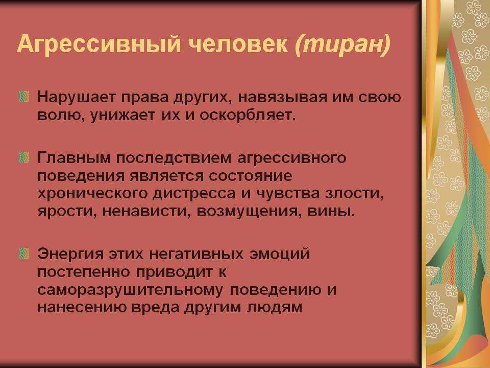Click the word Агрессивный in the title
point(99,43)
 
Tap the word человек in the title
point(238,44)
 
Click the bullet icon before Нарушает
point(24,97)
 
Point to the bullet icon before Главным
point(24,157)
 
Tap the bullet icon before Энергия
point(24,253)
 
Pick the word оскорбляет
point(248,115)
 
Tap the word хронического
point(92,193)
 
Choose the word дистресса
point(194,193)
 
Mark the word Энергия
point(70,254)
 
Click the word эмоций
point(279,254)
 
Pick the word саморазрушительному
point(130,290)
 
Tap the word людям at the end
point(275,308)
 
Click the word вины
point(331,212)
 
